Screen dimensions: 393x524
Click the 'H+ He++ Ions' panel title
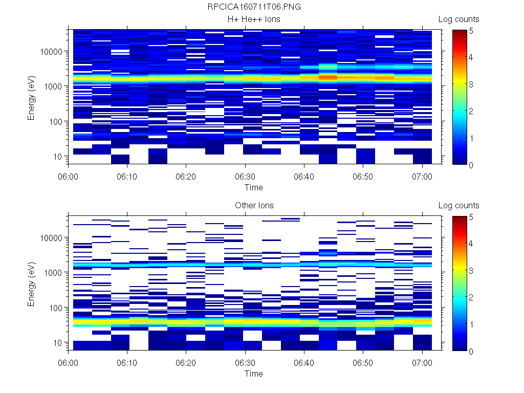point(254,19)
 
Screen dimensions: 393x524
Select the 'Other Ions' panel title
point(254,206)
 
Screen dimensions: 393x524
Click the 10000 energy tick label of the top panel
point(51,52)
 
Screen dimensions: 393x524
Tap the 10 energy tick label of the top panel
point(57,156)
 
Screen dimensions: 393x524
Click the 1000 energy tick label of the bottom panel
point(53,273)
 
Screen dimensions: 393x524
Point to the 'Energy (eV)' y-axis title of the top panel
point(32,97)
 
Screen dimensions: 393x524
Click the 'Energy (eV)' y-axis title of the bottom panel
point(32,283)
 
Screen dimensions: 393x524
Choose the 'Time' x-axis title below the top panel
point(253,187)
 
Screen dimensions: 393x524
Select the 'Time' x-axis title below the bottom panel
point(253,374)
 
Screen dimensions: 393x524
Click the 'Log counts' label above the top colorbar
point(458,19)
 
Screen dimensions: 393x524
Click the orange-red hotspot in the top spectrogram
point(328,77)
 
